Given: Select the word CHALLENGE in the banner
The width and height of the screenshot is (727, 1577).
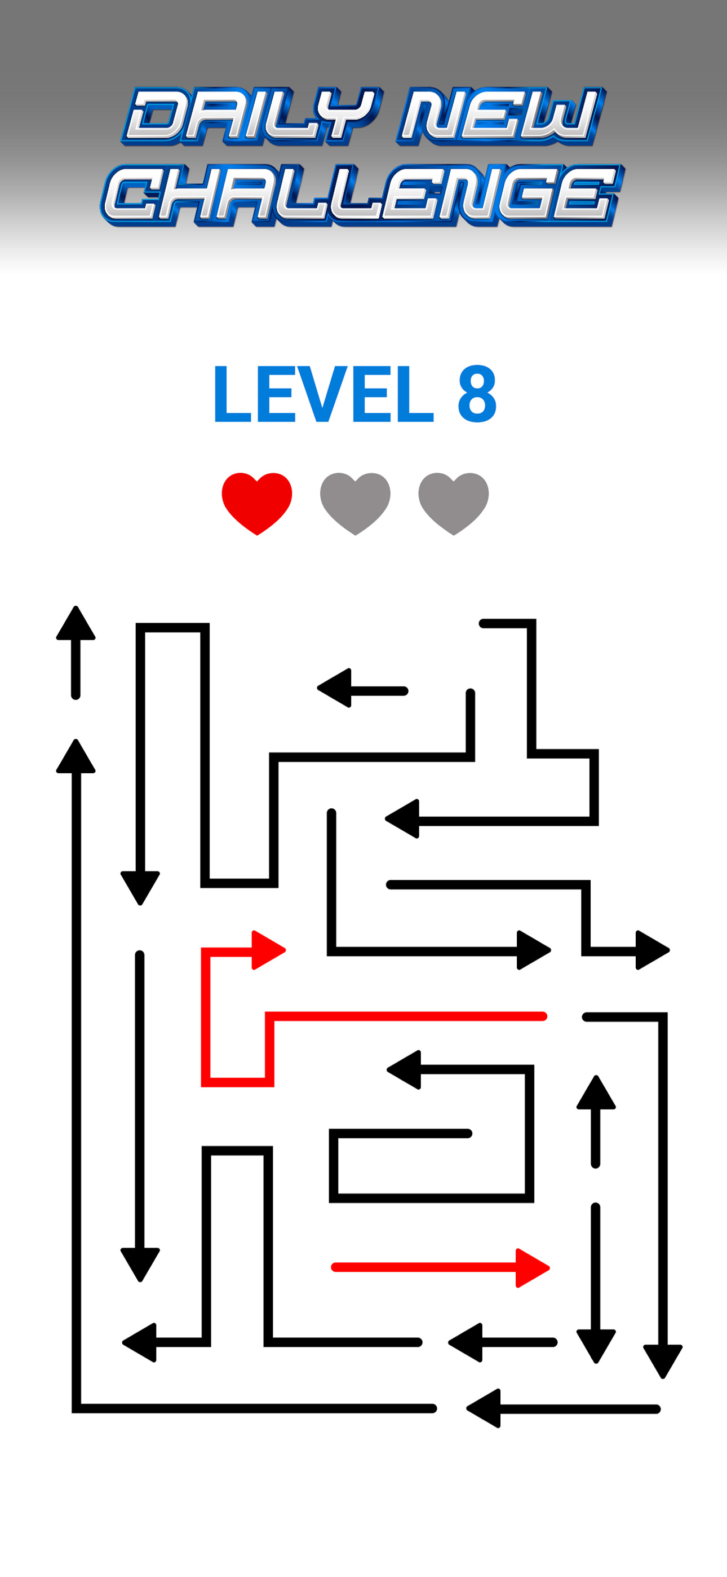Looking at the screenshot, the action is pyautogui.click(x=362, y=195).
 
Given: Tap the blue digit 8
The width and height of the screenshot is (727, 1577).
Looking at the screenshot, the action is pyautogui.click(x=477, y=394).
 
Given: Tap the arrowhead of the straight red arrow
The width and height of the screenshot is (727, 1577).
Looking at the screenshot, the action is pyautogui.click(x=533, y=1267).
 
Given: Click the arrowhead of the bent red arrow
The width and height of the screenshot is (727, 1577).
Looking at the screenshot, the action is pyautogui.click(x=269, y=950).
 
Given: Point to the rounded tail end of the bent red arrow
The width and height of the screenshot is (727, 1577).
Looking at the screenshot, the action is pyautogui.click(x=542, y=1016).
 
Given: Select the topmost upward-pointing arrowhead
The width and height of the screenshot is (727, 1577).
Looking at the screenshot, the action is pyautogui.click(x=76, y=623).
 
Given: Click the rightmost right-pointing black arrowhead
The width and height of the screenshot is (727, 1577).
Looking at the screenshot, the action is pyautogui.click(x=653, y=950).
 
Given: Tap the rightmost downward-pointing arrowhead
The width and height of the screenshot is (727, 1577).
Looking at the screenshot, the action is pyautogui.click(x=663, y=1361).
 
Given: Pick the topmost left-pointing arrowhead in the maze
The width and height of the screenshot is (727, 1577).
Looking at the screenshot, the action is pyautogui.click(x=334, y=688).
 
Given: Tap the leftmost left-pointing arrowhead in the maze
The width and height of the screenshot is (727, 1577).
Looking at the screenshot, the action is pyautogui.click(x=140, y=1342).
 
